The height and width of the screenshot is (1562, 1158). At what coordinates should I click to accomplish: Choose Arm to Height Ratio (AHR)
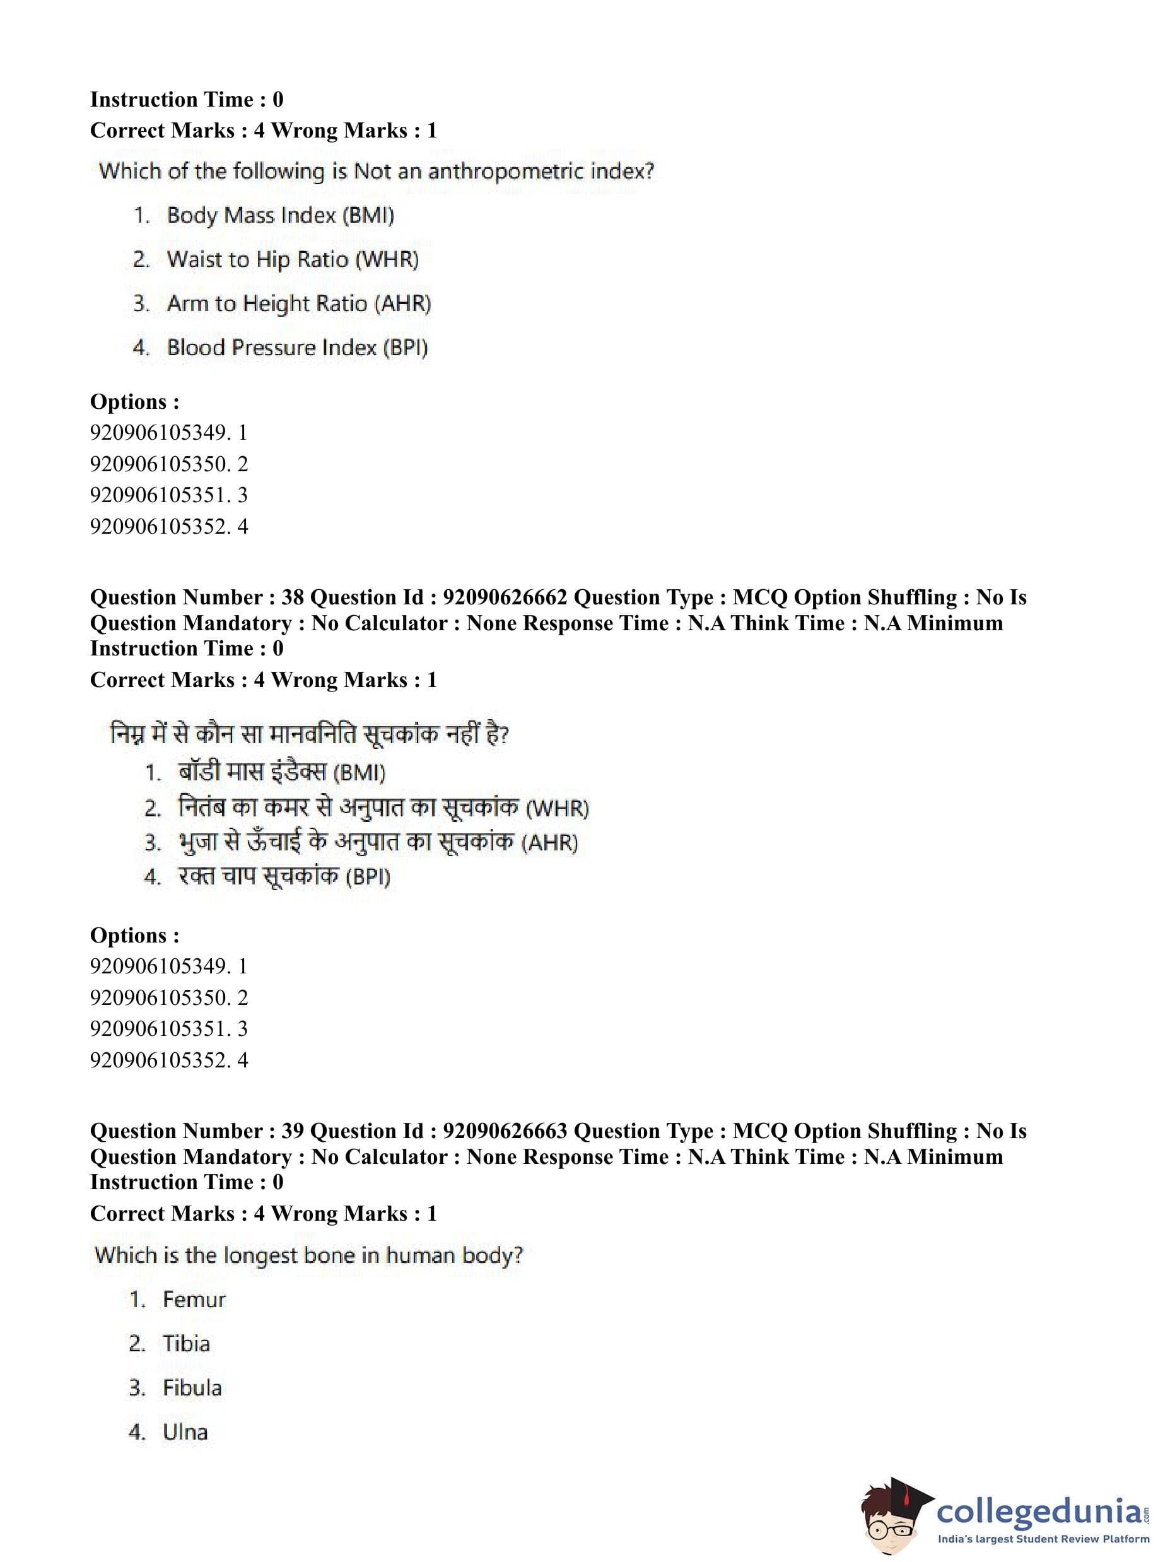[x=298, y=303]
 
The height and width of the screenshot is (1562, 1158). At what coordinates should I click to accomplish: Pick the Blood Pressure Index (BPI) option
[x=296, y=348]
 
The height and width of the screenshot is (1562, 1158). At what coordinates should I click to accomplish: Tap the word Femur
[x=194, y=1300]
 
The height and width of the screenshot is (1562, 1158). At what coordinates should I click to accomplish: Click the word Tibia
[x=186, y=1344]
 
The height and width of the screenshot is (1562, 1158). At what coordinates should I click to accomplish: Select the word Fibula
[x=192, y=1388]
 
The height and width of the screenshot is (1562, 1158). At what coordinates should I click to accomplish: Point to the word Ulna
[x=185, y=1431]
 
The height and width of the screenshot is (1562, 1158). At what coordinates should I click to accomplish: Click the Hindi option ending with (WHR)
[x=383, y=807]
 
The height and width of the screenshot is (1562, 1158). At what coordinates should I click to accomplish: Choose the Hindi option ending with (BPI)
[x=284, y=876]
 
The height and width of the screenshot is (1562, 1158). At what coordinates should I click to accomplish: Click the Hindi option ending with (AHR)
[x=378, y=842]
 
